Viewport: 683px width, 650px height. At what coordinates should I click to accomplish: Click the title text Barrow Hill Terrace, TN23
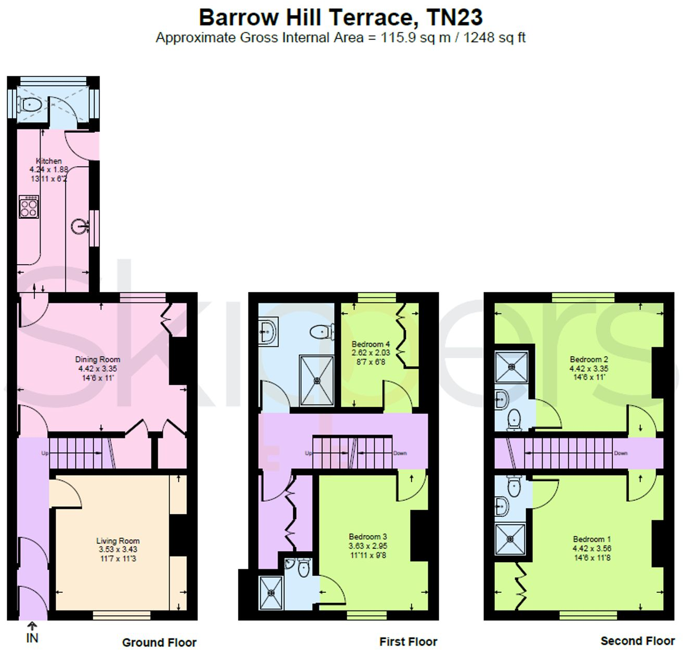340,18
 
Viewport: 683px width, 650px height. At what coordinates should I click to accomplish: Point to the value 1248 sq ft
494,38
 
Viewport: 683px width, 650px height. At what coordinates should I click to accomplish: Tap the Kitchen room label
49,161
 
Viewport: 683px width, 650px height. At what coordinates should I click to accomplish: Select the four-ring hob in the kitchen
29,207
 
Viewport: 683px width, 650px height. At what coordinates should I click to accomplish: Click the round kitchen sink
80,227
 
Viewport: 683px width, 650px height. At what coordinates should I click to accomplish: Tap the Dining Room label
98,359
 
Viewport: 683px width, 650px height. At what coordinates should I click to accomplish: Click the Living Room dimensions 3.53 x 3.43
118,550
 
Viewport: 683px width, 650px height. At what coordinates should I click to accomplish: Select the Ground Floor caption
159,643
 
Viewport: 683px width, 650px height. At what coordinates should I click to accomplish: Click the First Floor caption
408,642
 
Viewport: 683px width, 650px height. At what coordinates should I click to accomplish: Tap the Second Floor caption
637,641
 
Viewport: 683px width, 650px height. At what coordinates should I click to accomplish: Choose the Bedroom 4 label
371,344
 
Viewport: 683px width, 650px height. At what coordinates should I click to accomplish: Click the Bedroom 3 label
367,537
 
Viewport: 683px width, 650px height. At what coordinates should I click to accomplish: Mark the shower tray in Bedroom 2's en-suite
511,367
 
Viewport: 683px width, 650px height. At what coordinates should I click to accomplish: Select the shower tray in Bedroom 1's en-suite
510,539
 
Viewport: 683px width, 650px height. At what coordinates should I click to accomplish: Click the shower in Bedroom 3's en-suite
271,593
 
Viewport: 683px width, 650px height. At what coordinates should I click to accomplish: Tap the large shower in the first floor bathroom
317,380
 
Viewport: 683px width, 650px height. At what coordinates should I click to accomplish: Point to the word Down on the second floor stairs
621,453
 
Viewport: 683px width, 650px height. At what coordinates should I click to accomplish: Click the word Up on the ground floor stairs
45,453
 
